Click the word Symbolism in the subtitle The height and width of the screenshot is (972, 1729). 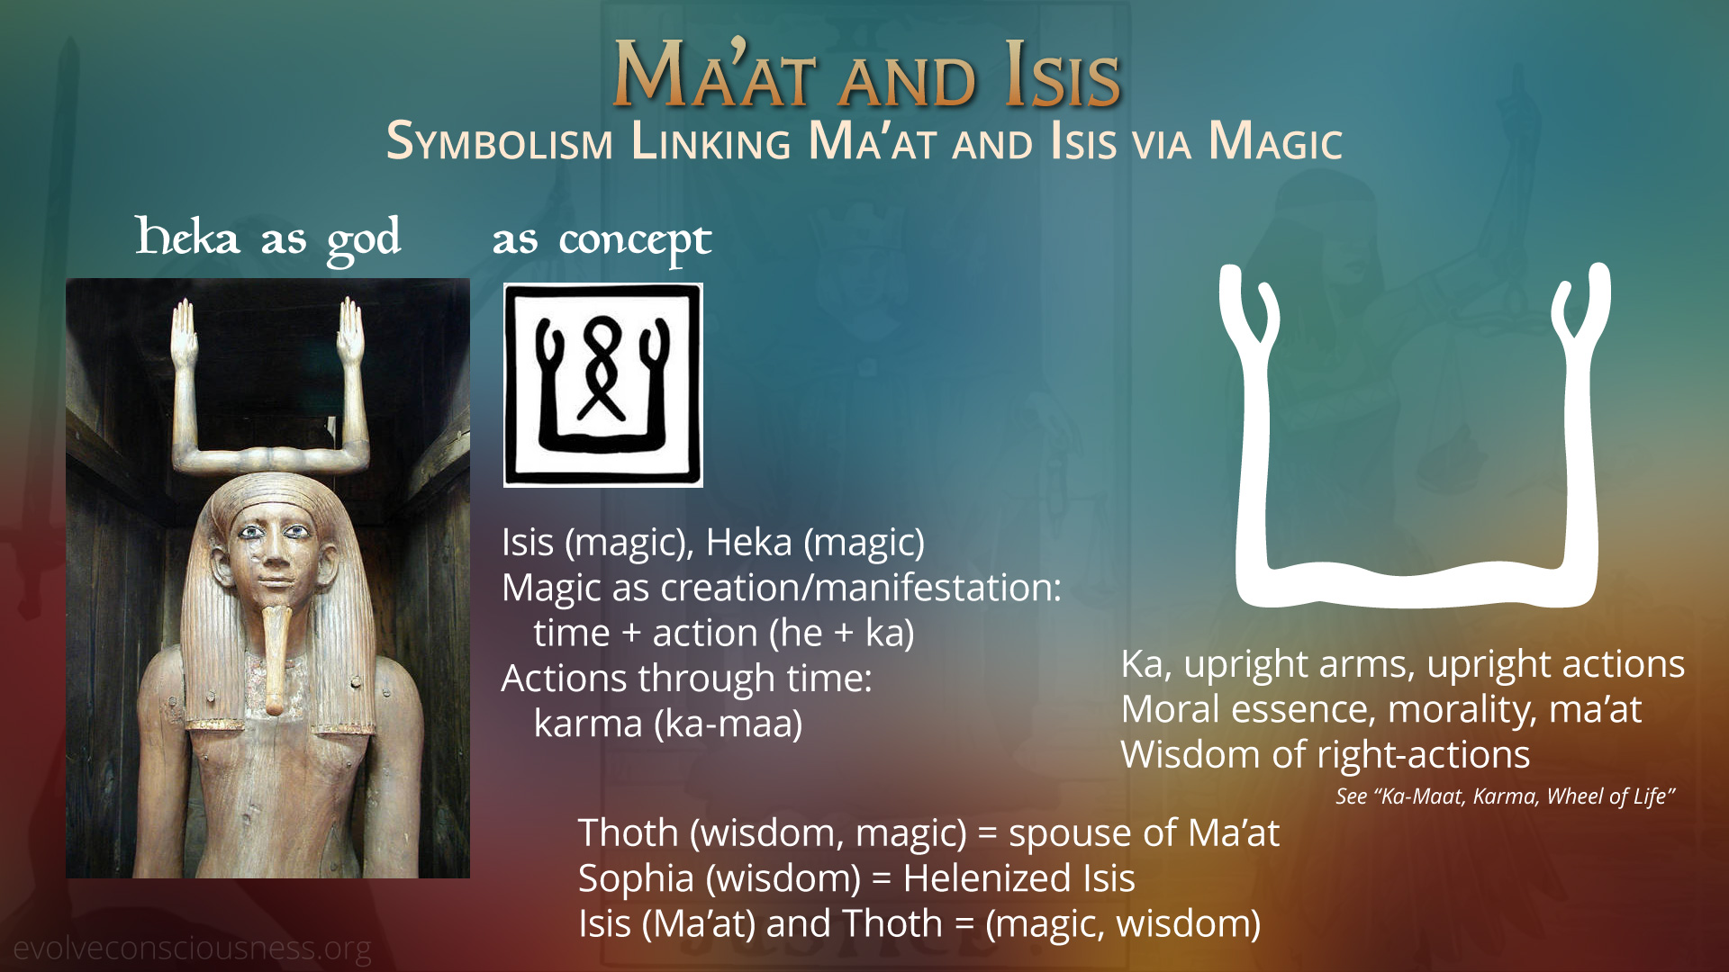[x=500, y=142]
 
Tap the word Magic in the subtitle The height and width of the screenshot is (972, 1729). [x=1275, y=142]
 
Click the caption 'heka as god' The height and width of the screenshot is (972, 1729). [x=267, y=238]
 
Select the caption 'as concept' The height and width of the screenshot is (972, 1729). [x=602, y=241]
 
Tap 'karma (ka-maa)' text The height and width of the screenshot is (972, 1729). [x=668, y=724]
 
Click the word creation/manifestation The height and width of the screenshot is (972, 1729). [x=861, y=588]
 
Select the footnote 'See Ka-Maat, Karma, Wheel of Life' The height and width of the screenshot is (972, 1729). [x=1505, y=796]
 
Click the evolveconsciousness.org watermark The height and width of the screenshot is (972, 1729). [x=192, y=949]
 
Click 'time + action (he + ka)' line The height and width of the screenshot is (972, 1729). [x=724, y=633]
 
